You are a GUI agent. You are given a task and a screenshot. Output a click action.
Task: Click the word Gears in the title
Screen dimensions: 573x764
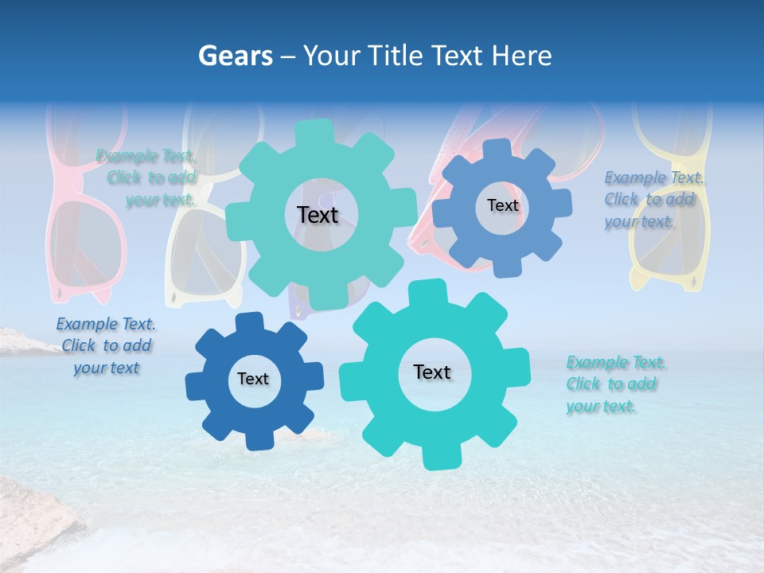pyautogui.click(x=235, y=56)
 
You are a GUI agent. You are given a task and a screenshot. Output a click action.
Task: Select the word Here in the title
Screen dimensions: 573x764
pyautogui.click(x=522, y=56)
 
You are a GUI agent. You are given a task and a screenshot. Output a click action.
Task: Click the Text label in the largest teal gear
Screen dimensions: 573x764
pyautogui.click(x=318, y=215)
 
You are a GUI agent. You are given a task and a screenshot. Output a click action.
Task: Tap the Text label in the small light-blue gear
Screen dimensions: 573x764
pyautogui.click(x=502, y=205)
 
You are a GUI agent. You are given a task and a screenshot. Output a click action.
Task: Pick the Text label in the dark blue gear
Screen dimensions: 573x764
pyautogui.click(x=253, y=380)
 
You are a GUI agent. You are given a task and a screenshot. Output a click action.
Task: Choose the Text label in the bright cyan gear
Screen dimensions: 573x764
pyautogui.click(x=432, y=372)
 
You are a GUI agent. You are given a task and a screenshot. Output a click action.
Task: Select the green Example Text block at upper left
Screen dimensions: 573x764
pyautogui.click(x=147, y=177)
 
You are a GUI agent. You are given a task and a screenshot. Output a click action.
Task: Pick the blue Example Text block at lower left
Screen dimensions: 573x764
pyautogui.click(x=105, y=346)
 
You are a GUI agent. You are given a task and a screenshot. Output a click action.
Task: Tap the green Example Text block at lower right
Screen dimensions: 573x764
pyautogui.click(x=615, y=384)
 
